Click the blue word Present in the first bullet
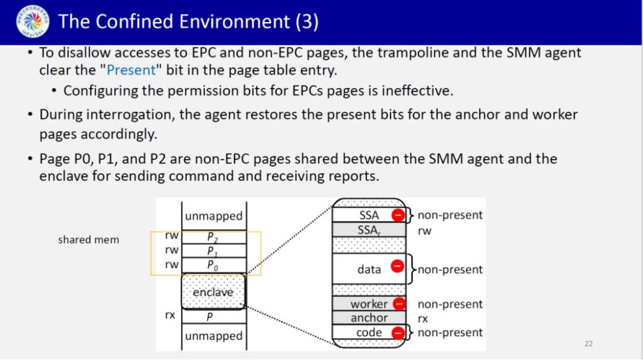click(131, 70)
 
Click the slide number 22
click(588, 343)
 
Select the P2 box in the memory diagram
click(213, 237)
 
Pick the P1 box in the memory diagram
click(213, 251)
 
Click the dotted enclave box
click(213, 292)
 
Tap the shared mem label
click(88, 240)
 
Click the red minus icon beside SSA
click(398, 215)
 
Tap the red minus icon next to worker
click(399, 304)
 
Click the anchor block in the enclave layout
click(369, 318)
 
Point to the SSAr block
click(369, 230)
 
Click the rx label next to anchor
click(423, 319)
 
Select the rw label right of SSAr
click(424, 230)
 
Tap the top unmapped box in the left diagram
click(213, 216)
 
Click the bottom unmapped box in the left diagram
click(213, 336)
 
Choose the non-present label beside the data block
click(450, 270)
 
